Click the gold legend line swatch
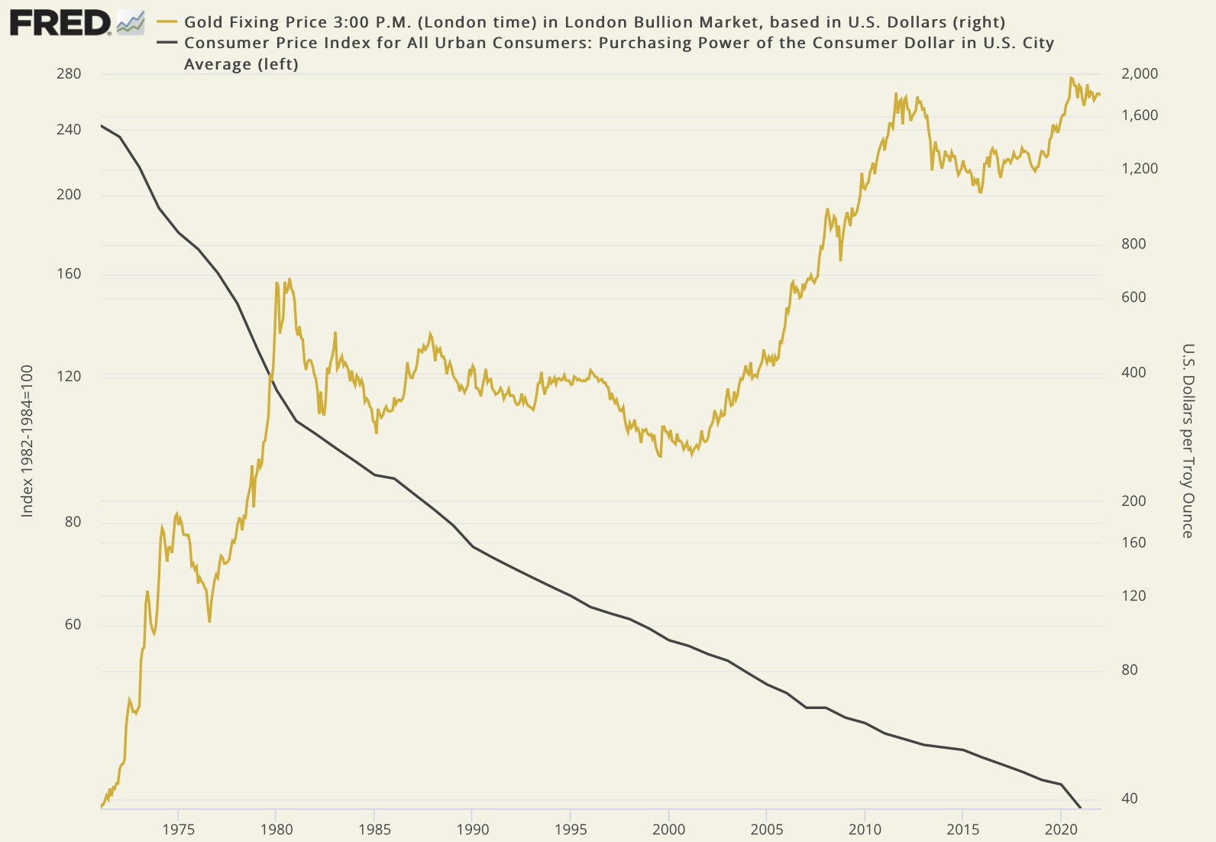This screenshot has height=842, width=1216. click(x=167, y=22)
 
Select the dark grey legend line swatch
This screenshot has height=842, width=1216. click(x=167, y=43)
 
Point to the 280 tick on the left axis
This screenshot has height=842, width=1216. click(x=69, y=74)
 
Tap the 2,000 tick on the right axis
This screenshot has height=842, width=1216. click(x=1140, y=74)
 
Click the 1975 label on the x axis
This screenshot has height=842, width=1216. click(x=178, y=829)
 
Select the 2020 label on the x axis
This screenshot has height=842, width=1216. click(x=1061, y=829)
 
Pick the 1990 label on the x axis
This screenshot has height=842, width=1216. click(x=472, y=829)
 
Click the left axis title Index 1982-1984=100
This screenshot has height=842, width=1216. click(x=27, y=441)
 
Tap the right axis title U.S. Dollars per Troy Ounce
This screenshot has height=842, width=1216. click(x=1188, y=441)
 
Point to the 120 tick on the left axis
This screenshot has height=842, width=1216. click(x=69, y=376)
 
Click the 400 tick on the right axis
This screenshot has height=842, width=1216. click(x=1134, y=373)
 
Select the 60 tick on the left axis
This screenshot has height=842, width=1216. click(x=72, y=625)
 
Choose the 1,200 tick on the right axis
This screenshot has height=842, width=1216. click(x=1140, y=169)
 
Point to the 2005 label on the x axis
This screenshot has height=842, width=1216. click(x=766, y=829)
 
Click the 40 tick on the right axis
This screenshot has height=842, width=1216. click(x=1129, y=799)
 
